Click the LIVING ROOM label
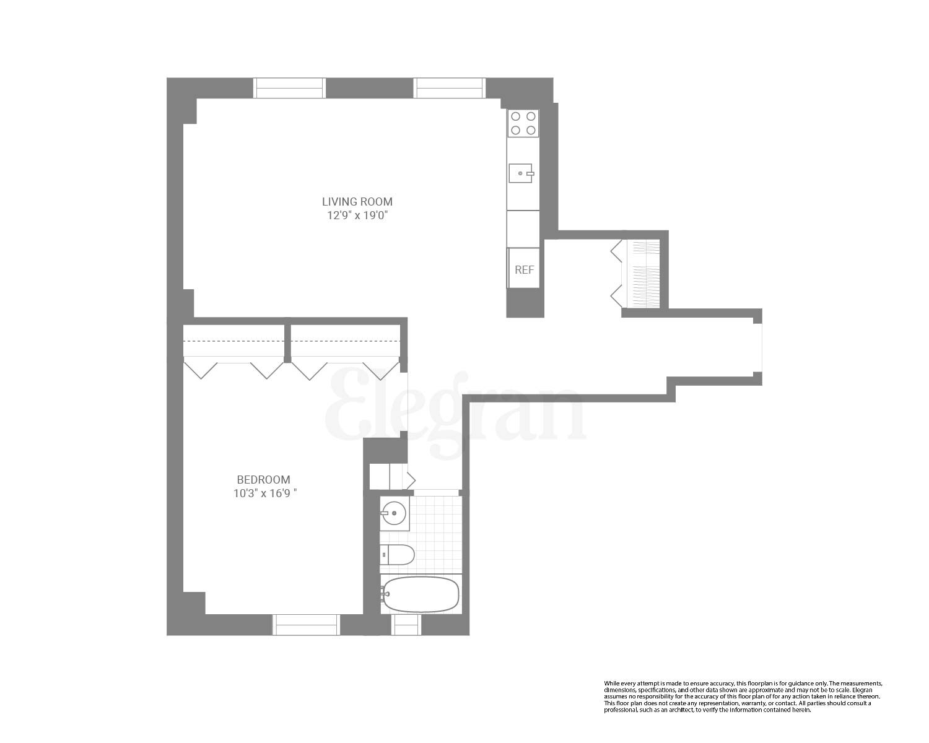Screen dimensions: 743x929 (x=357, y=201)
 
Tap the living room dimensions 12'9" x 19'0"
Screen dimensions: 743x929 (x=357, y=215)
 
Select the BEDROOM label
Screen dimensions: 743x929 (x=263, y=479)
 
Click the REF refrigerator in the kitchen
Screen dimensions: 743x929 (x=524, y=269)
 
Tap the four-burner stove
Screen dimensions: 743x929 (x=523, y=123)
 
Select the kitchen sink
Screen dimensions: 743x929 (x=521, y=173)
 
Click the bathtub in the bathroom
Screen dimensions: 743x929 (x=421, y=594)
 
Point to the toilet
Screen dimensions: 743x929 (x=397, y=555)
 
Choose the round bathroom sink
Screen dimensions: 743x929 (x=394, y=513)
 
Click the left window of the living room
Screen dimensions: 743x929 (x=289, y=88)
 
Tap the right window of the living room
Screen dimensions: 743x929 (x=449, y=88)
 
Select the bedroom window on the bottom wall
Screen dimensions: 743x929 (x=307, y=624)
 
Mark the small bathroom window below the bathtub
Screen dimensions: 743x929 (x=406, y=624)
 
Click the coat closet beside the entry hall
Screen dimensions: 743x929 (x=643, y=273)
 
